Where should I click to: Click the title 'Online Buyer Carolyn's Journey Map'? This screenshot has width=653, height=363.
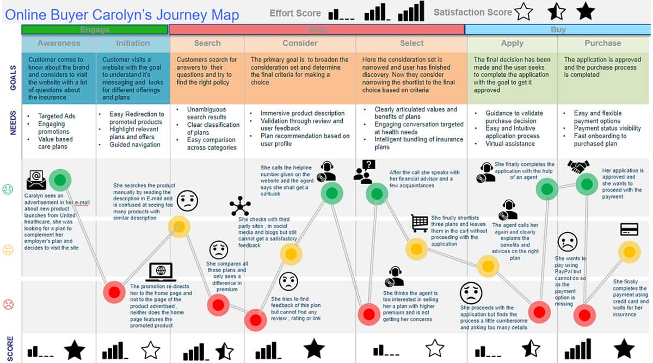tap(122, 15)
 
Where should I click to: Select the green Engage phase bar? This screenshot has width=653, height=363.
tap(95, 29)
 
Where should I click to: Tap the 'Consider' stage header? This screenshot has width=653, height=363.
tap(300, 43)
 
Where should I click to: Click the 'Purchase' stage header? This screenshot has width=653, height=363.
tap(602, 43)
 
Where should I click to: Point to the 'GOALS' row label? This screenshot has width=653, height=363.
tap(13, 78)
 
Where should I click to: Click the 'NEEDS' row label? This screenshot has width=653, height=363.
tap(13, 123)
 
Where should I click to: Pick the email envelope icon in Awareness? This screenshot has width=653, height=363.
tap(36, 180)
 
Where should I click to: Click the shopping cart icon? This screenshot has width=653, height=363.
tap(420, 223)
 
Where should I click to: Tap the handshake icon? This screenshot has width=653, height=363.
tap(578, 167)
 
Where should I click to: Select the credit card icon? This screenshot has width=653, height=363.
tap(629, 229)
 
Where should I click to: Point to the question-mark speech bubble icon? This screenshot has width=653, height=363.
tap(365, 172)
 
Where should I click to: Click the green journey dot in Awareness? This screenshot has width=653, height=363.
tap(60, 180)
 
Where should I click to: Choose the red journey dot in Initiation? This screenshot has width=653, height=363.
tap(114, 292)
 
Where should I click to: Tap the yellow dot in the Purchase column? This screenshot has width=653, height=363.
tap(630, 252)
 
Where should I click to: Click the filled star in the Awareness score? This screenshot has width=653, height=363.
tap(75, 349)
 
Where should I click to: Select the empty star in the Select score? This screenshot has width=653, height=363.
tap(435, 348)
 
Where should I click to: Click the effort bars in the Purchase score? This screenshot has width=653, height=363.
tap(578, 349)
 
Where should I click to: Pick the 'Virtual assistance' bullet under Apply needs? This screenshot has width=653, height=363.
tap(510, 144)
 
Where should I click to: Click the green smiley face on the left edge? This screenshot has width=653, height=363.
tap(8, 189)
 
